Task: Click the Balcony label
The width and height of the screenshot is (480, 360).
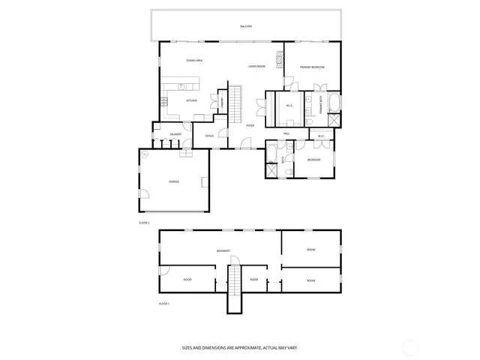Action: coord(246,26)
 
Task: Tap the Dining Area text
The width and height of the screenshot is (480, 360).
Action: coord(195,60)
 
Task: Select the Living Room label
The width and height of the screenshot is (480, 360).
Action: coord(257,66)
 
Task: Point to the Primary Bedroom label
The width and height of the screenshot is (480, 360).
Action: coord(312,67)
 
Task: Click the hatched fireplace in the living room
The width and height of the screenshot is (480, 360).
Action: coord(280,58)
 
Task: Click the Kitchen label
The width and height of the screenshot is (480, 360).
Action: coord(191,100)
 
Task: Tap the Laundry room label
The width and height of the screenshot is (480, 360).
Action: coord(175,135)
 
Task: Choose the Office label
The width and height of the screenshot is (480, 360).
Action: coord(210,136)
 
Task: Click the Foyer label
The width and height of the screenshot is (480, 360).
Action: coord(250,125)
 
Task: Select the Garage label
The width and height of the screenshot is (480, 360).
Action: coord(173,181)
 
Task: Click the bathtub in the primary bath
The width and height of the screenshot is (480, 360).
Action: coord(335,102)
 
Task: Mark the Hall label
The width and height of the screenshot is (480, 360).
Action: coord(286,133)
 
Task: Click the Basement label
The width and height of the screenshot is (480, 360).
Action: coord(223,250)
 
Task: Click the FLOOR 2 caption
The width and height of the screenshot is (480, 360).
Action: coord(144,223)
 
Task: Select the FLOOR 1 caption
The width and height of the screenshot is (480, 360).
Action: coord(164,303)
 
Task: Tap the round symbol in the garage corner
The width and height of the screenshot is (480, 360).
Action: coord(145,154)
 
